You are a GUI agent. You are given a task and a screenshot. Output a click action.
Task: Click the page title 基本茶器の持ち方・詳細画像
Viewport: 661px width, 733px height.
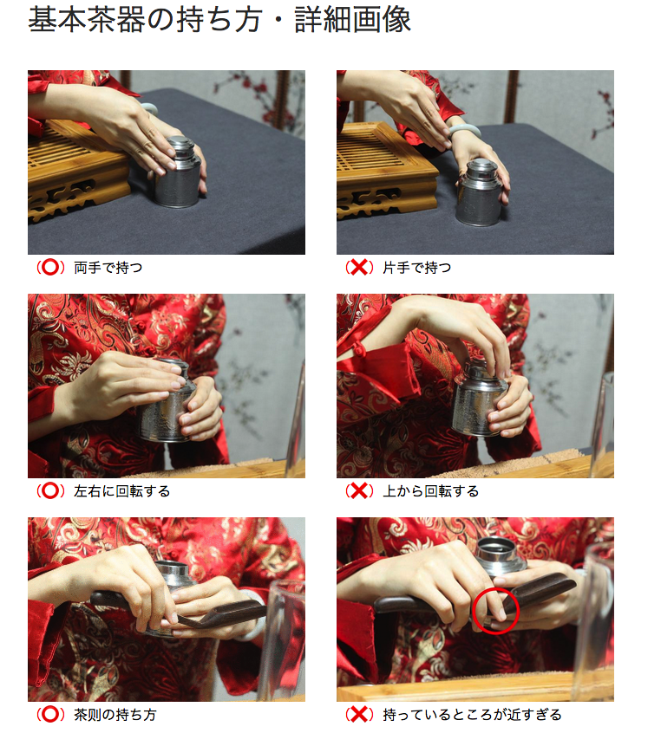point(219,20)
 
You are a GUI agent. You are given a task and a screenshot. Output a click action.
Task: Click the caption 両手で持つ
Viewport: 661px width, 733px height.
point(108,268)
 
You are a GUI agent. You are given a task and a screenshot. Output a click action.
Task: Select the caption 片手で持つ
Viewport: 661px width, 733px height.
point(417,268)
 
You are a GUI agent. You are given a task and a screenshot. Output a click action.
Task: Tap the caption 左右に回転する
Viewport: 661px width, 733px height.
point(121,491)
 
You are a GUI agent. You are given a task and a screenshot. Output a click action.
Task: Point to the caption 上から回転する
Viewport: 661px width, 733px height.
point(430,491)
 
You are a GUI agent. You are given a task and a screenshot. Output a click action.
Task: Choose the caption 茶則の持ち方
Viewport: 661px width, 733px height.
point(115,715)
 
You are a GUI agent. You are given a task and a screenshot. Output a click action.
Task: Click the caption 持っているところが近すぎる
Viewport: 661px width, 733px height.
point(472,715)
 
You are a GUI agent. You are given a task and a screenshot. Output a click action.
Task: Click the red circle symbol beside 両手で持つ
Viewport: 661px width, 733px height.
point(50,268)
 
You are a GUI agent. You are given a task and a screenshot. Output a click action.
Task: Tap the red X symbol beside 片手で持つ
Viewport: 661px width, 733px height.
point(359,268)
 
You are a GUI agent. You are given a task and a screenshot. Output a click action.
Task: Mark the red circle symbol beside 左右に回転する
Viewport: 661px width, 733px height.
point(50,491)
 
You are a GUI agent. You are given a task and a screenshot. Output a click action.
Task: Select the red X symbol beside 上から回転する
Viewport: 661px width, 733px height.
point(359,491)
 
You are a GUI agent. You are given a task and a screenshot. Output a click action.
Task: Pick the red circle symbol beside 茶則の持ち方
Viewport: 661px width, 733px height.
point(50,714)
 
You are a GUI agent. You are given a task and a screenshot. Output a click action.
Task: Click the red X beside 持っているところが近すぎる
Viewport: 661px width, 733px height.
point(359,714)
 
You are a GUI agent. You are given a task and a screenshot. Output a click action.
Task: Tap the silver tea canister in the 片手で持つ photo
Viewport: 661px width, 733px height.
point(480,192)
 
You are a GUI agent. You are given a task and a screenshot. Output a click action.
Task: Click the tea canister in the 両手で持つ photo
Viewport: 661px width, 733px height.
point(178,172)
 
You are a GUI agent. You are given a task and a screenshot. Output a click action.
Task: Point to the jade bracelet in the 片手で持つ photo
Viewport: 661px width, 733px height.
point(463,129)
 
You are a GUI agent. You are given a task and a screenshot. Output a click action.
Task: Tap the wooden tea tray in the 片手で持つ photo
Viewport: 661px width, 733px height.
point(386,170)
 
